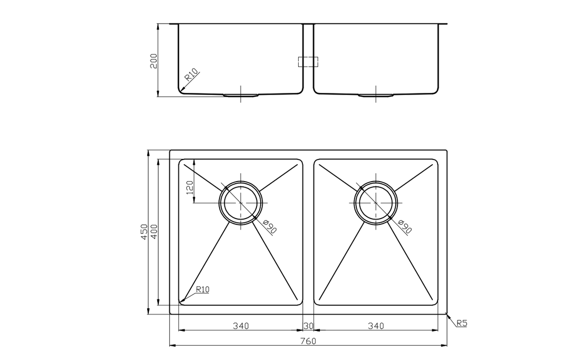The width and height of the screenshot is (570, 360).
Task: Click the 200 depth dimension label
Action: point(154,61)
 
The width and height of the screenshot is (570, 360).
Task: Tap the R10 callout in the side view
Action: point(192,74)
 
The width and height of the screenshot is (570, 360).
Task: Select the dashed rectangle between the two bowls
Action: point(308,62)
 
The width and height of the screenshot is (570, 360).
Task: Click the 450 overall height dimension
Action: point(145,232)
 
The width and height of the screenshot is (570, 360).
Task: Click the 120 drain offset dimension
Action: point(189,187)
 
